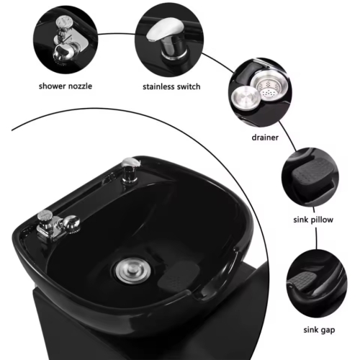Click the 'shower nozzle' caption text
click(x=66, y=86)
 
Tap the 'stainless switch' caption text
click(x=171, y=86)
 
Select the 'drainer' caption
click(x=265, y=138)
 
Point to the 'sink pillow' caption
click(x=313, y=220)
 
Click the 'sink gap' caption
click(x=319, y=330)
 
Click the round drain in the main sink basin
click(x=132, y=270)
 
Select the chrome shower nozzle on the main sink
click(x=58, y=225)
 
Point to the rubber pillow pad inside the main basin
click(x=179, y=275)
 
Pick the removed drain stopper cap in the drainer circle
click(x=244, y=98)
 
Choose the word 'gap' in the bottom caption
click(x=328, y=330)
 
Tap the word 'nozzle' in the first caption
click(x=80, y=86)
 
